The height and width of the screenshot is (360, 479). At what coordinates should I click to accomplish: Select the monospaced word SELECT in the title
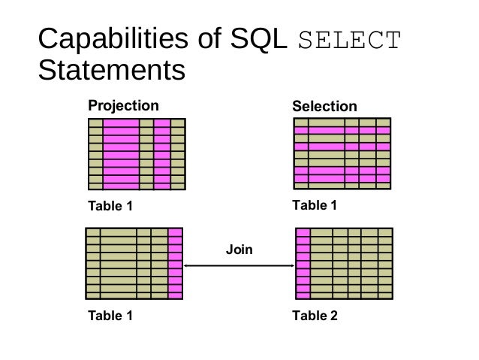click(350, 40)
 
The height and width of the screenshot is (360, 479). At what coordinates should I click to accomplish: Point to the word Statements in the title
click(110, 71)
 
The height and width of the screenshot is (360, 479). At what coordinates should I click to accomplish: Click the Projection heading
click(124, 105)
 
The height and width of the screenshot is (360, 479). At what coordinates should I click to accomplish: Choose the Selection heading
click(324, 107)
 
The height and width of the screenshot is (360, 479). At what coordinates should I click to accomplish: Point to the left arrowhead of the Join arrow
click(187, 265)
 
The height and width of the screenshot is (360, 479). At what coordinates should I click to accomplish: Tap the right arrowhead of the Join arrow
click(291, 265)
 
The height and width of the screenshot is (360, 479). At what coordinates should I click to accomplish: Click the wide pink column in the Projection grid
click(121, 154)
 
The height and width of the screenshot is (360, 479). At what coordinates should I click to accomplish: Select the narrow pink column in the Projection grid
click(162, 154)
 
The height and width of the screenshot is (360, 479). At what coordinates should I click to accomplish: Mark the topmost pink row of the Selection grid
click(342, 130)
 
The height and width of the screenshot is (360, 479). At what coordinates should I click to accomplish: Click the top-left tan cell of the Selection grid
click(300, 123)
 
